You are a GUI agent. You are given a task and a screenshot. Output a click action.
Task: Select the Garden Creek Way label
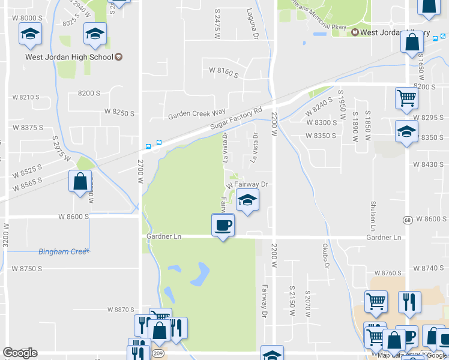(196, 113)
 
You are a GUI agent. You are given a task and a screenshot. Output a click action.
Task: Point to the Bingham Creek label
(63, 251)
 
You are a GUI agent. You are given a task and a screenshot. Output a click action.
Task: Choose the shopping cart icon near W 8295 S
(406, 98)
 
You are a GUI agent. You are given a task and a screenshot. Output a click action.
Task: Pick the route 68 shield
(408, 219)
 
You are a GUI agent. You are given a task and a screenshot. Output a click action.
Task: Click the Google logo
(20, 353)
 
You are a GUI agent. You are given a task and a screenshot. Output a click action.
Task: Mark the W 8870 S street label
(121, 309)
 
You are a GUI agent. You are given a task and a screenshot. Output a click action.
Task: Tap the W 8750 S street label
(27, 269)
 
